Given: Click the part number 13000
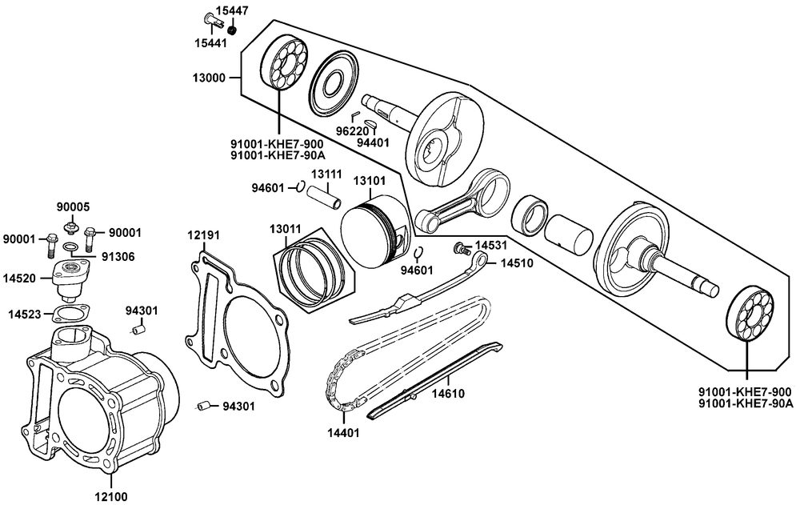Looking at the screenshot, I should (206, 78).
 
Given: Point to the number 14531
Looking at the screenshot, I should (491, 245).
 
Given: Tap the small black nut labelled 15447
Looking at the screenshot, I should (233, 30).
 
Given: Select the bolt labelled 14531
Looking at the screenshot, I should (461, 249).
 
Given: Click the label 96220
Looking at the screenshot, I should (350, 130).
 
